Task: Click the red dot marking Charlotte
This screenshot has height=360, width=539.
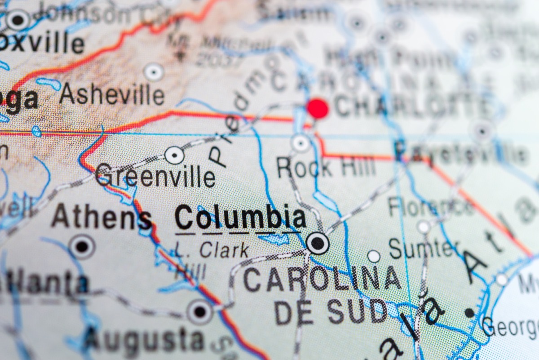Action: pos(318,109)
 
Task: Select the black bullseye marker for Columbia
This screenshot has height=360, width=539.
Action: pos(318,243)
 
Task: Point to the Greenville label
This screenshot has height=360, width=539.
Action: pos(155,176)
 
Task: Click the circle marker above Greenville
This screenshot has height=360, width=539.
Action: pos(174,156)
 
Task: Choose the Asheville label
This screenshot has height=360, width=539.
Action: pos(112,94)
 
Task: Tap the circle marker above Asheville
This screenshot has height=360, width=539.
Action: pos(154,72)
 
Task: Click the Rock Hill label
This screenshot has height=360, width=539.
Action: pos(326,167)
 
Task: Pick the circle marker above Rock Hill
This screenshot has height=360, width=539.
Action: pos(300,143)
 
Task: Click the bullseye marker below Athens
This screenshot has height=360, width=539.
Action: pos(82,246)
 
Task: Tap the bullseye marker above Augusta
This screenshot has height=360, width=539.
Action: pos(199,311)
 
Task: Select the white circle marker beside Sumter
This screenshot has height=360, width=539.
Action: pos(374,256)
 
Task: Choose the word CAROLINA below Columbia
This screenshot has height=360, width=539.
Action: pos(322,279)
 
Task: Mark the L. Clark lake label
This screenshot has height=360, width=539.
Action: pos(211,250)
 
